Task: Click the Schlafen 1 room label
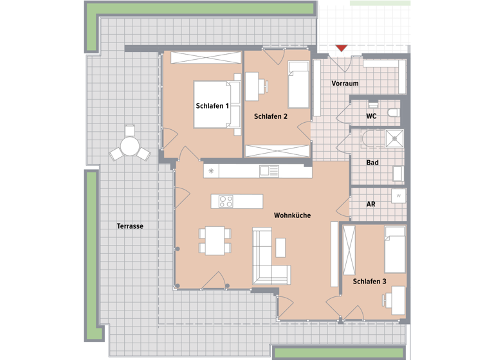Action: (x=212, y=105)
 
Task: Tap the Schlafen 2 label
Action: (x=270, y=116)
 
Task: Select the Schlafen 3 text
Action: (x=369, y=282)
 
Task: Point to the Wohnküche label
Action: (x=292, y=215)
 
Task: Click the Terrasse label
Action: (x=130, y=226)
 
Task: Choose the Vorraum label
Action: (x=345, y=84)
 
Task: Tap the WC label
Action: (x=371, y=116)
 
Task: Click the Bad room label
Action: (x=372, y=163)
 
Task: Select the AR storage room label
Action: (x=370, y=204)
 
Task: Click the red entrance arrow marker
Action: (x=342, y=48)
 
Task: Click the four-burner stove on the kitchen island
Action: (x=226, y=201)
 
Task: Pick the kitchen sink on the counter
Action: (x=268, y=171)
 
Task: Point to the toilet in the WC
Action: (x=394, y=113)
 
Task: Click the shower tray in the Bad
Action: (x=394, y=138)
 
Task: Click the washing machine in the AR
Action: (x=399, y=195)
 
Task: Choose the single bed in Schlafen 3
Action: (x=394, y=249)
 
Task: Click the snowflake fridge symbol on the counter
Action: (x=210, y=171)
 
